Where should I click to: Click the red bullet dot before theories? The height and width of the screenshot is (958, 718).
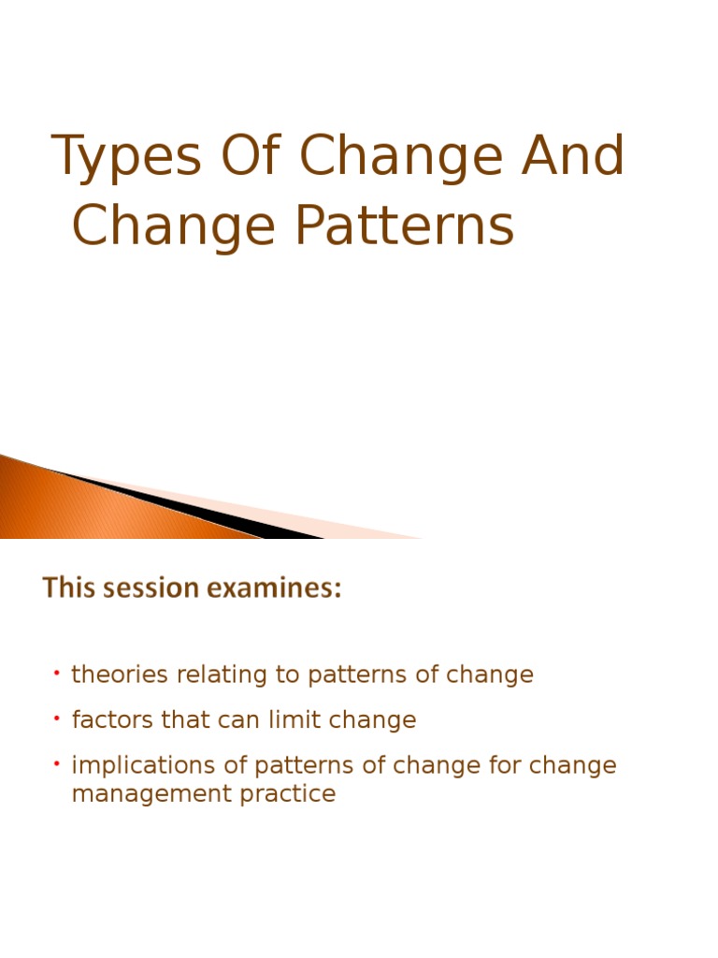pyautogui.click(x=57, y=673)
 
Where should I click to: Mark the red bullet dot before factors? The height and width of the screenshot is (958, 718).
pyautogui.click(x=57, y=718)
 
